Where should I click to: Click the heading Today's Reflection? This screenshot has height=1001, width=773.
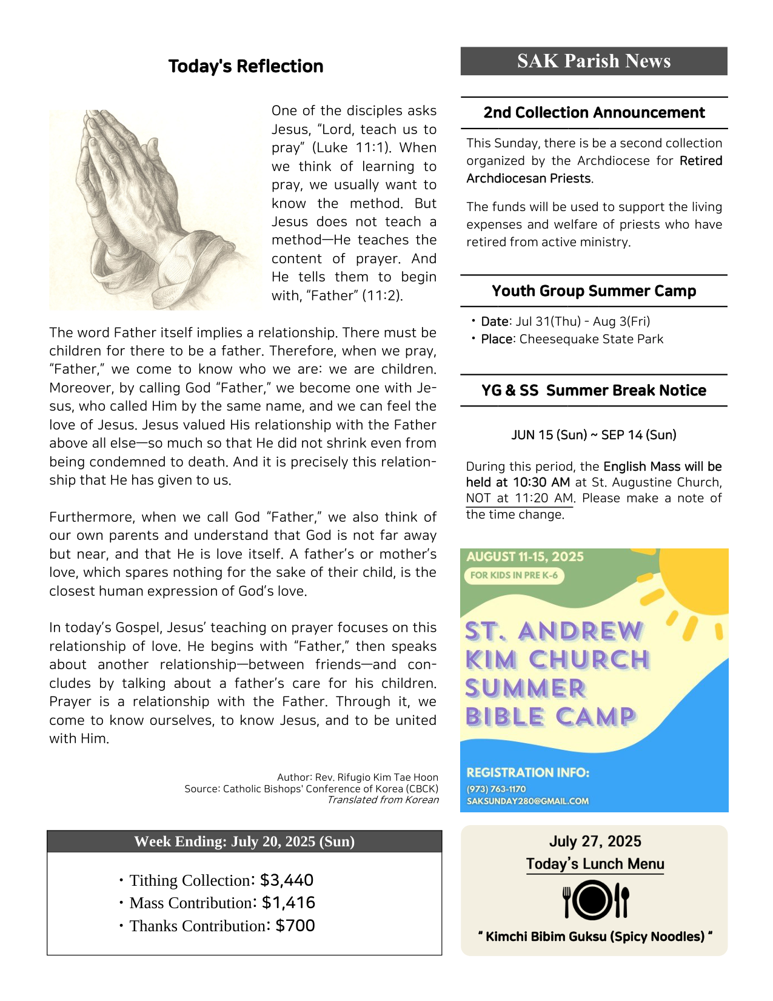[246, 66]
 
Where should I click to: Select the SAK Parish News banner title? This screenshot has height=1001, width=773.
[594, 61]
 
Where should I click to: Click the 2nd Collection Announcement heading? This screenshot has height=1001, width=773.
[594, 113]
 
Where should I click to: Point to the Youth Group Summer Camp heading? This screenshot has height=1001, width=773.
[594, 291]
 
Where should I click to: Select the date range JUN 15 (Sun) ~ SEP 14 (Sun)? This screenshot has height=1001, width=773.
[594, 435]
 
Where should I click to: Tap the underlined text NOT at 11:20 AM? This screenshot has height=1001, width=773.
[519, 498]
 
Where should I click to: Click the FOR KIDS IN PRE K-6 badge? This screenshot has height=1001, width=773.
[514, 575]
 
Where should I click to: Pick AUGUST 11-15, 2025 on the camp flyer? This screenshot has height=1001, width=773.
[525, 557]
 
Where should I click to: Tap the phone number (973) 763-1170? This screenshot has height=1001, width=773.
[496, 789]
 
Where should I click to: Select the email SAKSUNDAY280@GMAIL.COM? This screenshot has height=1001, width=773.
[527, 801]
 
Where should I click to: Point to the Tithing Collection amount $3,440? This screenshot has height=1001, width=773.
[286, 880]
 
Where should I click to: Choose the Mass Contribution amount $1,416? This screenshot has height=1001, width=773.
[288, 903]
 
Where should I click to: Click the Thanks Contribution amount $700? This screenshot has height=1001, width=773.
[295, 926]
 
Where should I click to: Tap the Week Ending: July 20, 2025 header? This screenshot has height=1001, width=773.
[244, 841]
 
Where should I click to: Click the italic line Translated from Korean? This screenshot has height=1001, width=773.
[383, 800]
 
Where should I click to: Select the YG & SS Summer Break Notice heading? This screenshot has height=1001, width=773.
[594, 391]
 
